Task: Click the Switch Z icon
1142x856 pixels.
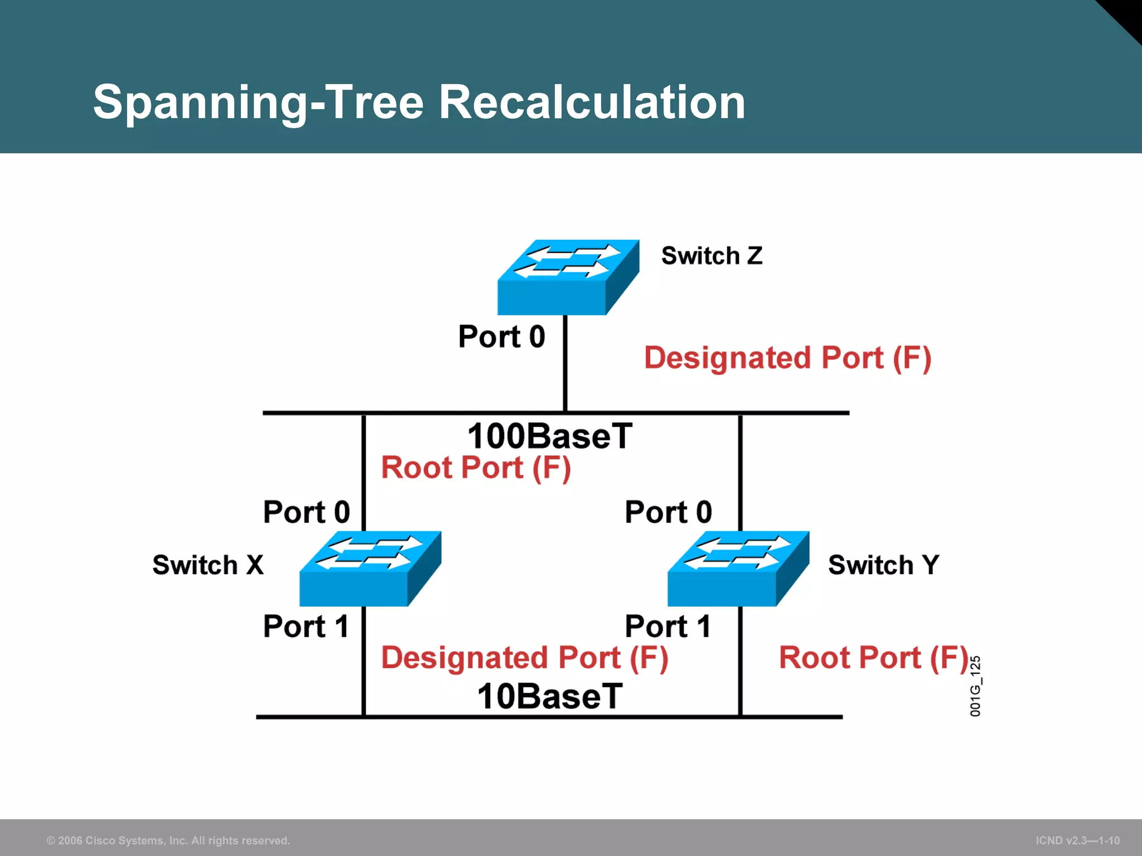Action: click(x=568, y=277)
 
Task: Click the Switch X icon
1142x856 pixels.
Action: click(x=370, y=568)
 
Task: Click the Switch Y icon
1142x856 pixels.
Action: click(x=738, y=568)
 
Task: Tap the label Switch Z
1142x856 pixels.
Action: click(x=712, y=256)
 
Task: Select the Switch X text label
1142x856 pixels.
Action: click(x=207, y=565)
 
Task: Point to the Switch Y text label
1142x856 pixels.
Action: click(x=884, y=565)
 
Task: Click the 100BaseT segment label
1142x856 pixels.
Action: click(x=550, y=436)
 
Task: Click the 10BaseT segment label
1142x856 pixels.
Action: click(x=550, y=697)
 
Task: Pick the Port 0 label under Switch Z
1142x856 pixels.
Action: click(x=501, y=337)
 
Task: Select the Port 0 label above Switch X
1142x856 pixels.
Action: click(x=306, y=512)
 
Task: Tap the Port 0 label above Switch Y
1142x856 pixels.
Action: click(x=668, y=512)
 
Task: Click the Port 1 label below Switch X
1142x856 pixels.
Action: click(x=306, y=626)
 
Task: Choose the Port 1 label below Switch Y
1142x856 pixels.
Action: click(x=668, y=626)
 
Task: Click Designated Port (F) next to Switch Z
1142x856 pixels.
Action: click(x=787, y=358)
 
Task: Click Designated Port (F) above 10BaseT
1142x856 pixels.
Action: click(x=524, y=658)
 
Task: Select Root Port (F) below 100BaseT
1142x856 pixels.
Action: click(x=476, y=468)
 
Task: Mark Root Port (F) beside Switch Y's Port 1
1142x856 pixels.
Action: click(x=873, y=658)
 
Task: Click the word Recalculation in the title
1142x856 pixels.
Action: click(x=592, y=102)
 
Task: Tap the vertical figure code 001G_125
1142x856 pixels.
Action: click(x=975, y=686)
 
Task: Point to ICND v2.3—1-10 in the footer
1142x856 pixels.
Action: click(x=1077, y=840)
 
